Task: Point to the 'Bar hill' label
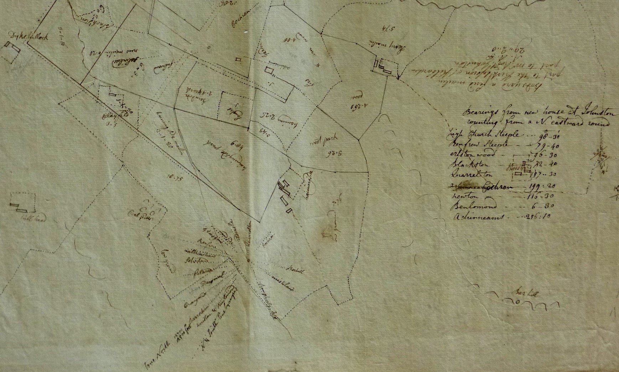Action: point(526,294)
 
